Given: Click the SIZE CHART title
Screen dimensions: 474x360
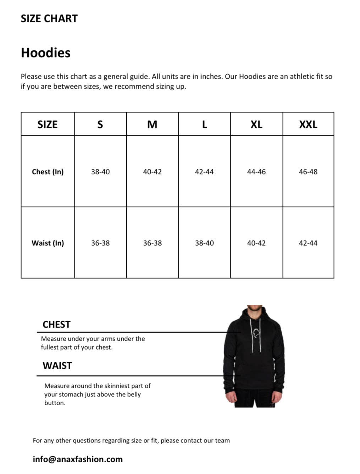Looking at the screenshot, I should [49, 18].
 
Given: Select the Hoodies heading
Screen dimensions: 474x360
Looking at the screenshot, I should [45, 53].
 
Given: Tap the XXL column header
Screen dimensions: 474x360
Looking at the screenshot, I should [308, 124].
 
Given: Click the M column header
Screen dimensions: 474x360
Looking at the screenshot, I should [152, 124].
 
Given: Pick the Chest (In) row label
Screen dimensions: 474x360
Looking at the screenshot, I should [48, 172].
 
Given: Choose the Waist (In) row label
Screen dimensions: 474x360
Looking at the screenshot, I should [48, 243].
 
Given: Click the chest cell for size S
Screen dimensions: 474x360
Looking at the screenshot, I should [100, 172].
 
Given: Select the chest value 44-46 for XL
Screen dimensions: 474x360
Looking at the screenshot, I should [256, 172].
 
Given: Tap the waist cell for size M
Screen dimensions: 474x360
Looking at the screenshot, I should [152, 243].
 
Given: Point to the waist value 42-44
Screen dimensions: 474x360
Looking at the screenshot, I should [308, 243].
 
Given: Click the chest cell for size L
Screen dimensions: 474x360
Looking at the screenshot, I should [204, 172].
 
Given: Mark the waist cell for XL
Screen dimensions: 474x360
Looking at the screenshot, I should [256, 243].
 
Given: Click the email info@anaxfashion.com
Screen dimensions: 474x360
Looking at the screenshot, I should [77, 459].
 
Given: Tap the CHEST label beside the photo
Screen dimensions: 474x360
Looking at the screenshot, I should [56, 324].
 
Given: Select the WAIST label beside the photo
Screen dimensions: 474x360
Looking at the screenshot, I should [57, 366].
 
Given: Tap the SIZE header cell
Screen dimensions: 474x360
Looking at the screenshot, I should [48, 124].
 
